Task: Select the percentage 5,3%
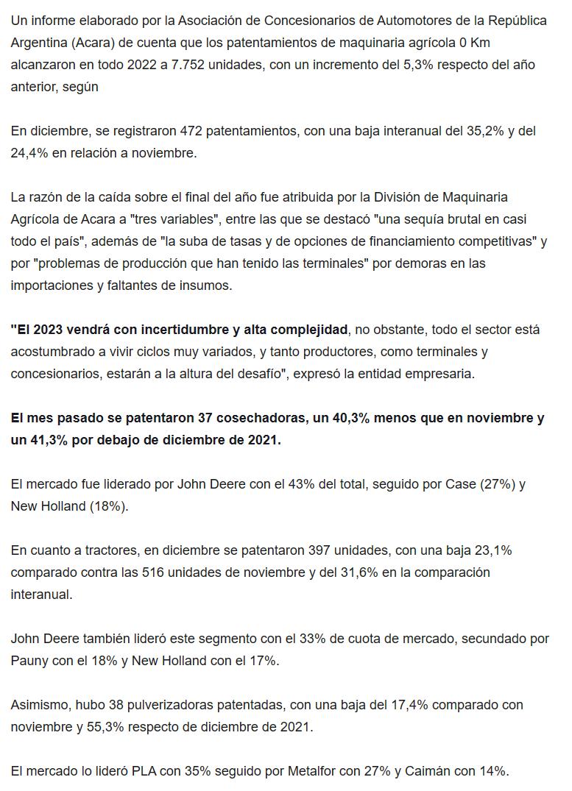click(x=414, y=64)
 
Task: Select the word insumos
click(x=207, y=285)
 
